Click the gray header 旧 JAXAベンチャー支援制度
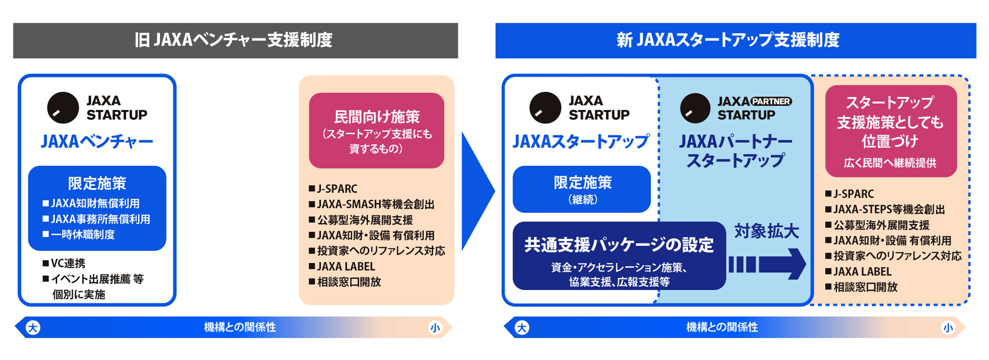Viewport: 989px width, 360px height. click(235, 40)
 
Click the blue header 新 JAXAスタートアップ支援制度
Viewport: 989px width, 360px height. click(736, 40)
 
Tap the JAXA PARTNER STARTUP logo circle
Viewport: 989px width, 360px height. click(695, 108)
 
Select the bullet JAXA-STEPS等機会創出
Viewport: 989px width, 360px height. click(885, 209)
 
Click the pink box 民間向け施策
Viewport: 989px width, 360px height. click(376, 131)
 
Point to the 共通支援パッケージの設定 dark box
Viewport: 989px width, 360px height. click(619, 256)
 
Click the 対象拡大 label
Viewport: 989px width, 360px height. click(766, 231)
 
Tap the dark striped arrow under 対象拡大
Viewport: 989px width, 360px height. click(767, 264)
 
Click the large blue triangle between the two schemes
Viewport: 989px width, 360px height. click(477, 191)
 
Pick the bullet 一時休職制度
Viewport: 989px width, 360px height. click(79, 235)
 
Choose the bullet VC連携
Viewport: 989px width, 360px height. click(64, 263)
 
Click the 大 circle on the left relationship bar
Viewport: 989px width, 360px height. click(33, 327)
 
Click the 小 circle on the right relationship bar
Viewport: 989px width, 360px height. click(948, 327)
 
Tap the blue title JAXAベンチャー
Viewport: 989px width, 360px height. click(97, 142)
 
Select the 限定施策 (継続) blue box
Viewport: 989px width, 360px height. click(582, 189)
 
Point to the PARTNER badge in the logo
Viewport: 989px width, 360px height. click(771, 101)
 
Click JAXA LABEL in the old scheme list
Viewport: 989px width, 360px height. click(342, 267)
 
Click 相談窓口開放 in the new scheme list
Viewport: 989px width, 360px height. click(862, 287)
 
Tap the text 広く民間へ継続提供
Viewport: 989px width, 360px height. click(890, 163)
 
